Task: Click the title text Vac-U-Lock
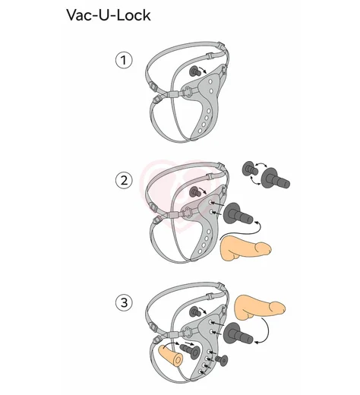click(x=109, y=15)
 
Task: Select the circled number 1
click(x=124, y=60)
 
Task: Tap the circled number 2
click(x=124, y=181)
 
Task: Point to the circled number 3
click(x=124, y=302)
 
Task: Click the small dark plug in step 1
click(x=194, y=71)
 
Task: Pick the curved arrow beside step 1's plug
click(x=204, y=70)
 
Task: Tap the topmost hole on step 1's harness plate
click(x=210, y=81)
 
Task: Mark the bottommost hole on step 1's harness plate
click(x=200, y=131)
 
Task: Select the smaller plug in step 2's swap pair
click(x=250, y=169)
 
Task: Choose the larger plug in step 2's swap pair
click(x=275, y=179)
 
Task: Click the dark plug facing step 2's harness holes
click(x=238, y=214)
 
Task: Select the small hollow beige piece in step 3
click(x=170, y=355)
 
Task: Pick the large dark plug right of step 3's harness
click(x=238, y=333)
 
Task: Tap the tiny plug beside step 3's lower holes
click(x=221, y=360)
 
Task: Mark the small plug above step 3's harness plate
click(x=194, y=311)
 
